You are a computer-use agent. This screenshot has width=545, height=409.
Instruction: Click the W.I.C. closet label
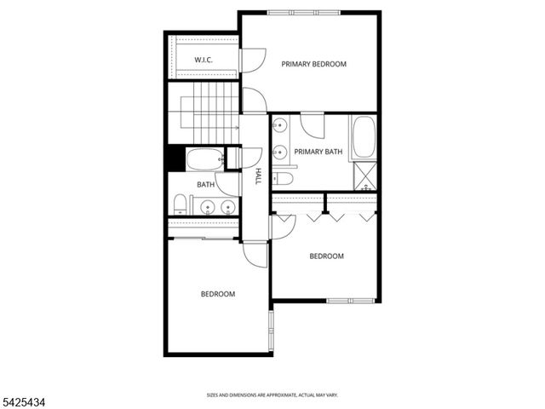point(203,60)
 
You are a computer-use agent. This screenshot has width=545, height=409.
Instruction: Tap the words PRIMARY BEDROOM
point(313,64)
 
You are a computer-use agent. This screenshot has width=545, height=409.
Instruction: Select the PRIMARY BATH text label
point(318,152)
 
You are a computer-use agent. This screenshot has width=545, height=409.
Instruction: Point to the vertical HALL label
point(257,176)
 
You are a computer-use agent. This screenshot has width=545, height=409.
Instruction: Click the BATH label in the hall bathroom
point(205,184)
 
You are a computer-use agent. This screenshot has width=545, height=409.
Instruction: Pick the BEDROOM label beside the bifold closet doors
point(326,256)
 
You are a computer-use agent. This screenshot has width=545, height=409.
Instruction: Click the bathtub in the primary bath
point(364,138)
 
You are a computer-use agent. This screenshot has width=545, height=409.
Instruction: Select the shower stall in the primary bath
point(366,177)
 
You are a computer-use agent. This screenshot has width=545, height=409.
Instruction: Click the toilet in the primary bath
point(284,178)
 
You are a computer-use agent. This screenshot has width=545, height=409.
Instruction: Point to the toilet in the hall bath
point(180,204)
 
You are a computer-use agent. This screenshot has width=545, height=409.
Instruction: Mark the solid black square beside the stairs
point(175,158)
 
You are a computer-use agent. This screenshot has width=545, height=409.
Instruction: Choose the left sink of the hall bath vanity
point(207,206)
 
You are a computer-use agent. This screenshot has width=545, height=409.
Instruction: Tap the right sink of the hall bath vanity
point(227,206)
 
